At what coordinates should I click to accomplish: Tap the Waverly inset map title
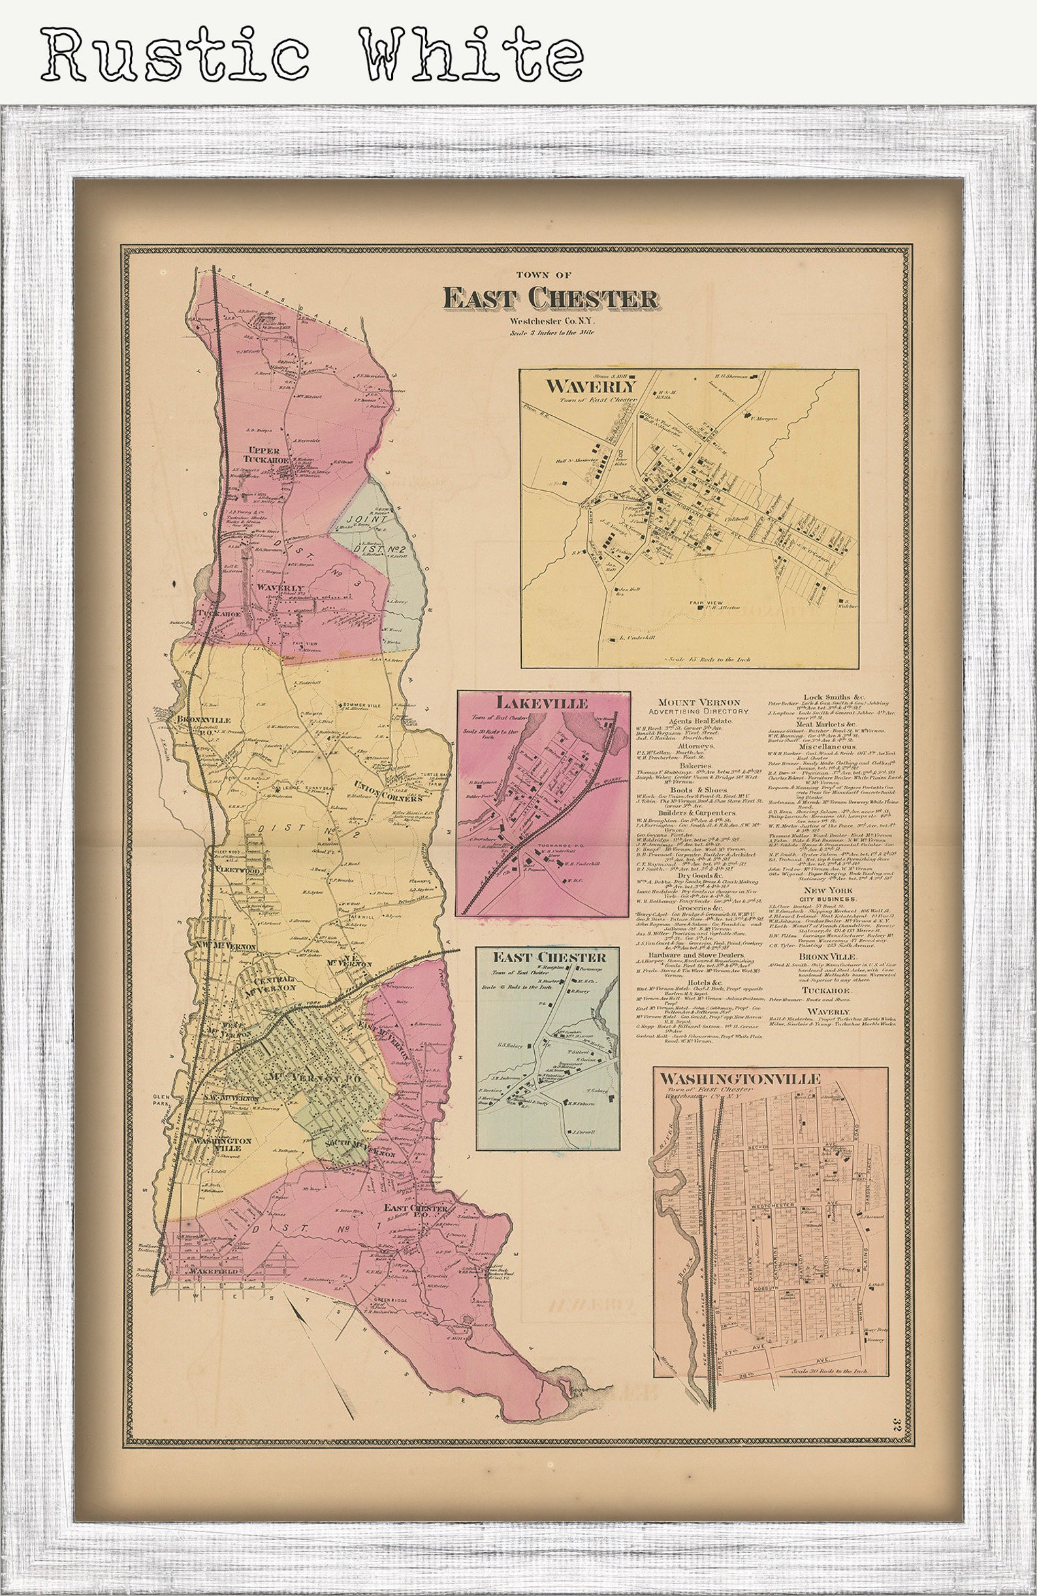click(x=590, y=387)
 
